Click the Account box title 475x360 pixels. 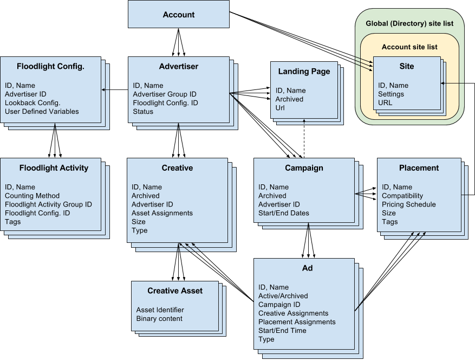pyautogui.click(x=178, y=15)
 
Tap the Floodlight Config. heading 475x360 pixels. pyautogui.click(x=50, y=66)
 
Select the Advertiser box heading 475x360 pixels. pyautogui.click(x=178, y=66)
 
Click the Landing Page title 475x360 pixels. pyautogui.click(x=304, y=72)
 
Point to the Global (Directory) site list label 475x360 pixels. pyautogui.click(x=409, y=23)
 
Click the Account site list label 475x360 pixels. pyautogui.click(x=409, y=47)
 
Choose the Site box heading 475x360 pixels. pyautogui.click(x=406, y=66)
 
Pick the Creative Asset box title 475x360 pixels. pyautogui.click(x=175, y=291)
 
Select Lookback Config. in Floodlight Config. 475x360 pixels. pyautogui.click(x=32, y=102)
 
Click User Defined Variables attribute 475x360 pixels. pyautogui.click(x=42, y=111)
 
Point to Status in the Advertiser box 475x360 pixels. pyautogui.click(x=143, y=111)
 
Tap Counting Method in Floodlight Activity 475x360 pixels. pyautogui.click(x=32, y=196)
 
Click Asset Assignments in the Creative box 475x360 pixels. pyautogui.click(x=162, y=213)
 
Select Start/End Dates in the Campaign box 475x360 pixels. pyautogui.click(x=284, y=213)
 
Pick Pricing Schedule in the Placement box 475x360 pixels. pyautogui.click(x=408, y=204)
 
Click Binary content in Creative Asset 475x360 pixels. pyautogui.click(x=159, y=318)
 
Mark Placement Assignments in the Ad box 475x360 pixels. pyautogui.click(x=297, y=322)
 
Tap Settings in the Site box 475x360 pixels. pyautogui.click(x=391, y=94)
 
